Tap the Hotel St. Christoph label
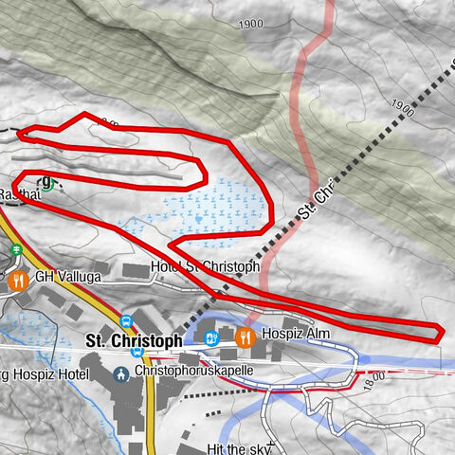[x=205, y=268]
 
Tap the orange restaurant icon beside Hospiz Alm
[x=245, y=337]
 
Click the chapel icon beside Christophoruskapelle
[x=120, y=373]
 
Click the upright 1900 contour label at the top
[x=251, y=25]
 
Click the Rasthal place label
[x=19, y=193]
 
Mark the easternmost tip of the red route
[x=443, y=330]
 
